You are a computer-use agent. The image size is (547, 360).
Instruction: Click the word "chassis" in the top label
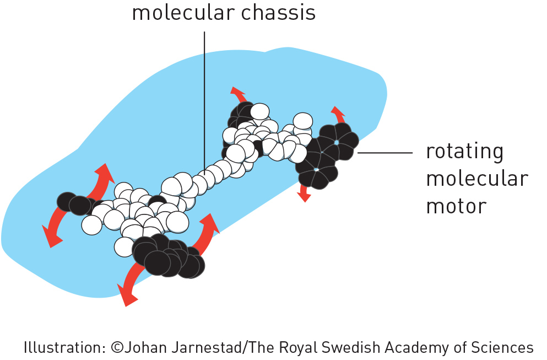[x=278, y=12]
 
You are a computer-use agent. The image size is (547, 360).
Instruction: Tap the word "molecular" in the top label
[x=183, y=12]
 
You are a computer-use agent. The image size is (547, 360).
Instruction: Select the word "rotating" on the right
[x=465, y=152]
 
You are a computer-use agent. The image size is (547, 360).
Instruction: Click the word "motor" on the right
[x=456, y=206]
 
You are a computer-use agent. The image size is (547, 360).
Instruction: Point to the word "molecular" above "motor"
[x=477, y=178]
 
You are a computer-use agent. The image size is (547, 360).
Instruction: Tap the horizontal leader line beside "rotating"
[x=385, y=153]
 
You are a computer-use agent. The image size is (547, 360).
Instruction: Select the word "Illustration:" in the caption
[x=64, y=347]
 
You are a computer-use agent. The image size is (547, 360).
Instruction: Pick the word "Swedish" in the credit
[x=351, y=347]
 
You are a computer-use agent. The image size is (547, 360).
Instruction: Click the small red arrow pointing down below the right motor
[x=304, y=192]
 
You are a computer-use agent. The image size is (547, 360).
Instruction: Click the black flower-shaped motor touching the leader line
[x=327, y=155]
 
